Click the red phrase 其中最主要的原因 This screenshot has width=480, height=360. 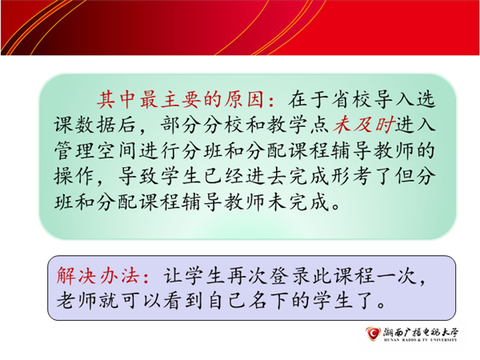(x=180, y=99)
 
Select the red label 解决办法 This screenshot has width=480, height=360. (x=98, y=276)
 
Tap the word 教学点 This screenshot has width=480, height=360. (x=298, y=126)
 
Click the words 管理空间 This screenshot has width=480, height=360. (x=95, y=151)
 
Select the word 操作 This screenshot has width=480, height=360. (x=74, y=176)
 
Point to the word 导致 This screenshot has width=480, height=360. (x=138, y=176)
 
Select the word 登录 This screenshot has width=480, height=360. (x=290, y=276)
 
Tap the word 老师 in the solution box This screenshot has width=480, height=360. (x=77, y=301)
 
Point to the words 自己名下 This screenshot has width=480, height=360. (x=248, y=301)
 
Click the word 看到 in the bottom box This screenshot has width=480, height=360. (x=183, y=301)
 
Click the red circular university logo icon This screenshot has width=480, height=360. (x=373, y=333)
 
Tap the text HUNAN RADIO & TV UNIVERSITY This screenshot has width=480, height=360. (x=421, y=340)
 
